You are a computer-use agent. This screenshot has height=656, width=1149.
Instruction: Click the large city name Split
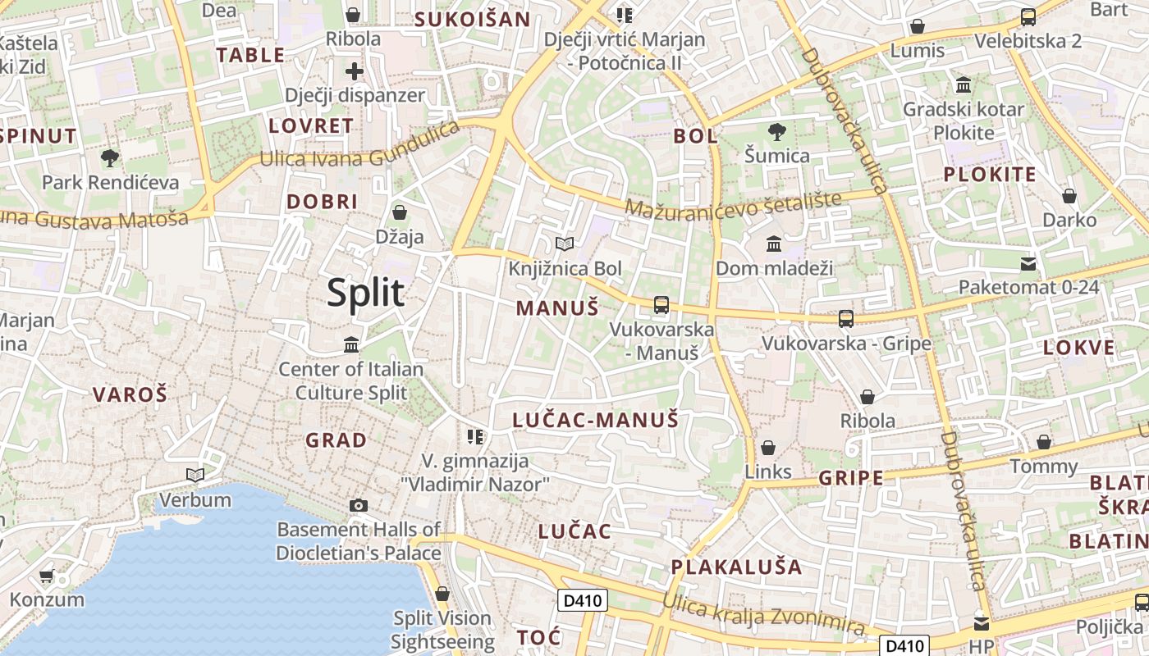tap(366, 293)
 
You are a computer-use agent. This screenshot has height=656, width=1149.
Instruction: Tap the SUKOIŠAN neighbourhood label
tap(472, 20)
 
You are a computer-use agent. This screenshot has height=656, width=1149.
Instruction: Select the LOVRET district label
tap(311, 126)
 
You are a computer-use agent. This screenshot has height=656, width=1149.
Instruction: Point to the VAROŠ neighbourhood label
tap(130, 394)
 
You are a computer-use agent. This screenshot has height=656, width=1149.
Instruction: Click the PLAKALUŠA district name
tap(736, 567)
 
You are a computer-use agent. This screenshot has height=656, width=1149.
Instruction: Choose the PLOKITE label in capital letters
tap(989, 174)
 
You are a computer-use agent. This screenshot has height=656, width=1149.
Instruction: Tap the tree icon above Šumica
tap(776, 131)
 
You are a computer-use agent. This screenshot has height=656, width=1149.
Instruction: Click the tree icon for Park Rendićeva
tap(109, 157)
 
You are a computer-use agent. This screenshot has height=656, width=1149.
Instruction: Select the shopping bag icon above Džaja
tap(400, 213)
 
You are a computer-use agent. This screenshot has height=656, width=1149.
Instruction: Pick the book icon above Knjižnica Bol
tap(564, 244)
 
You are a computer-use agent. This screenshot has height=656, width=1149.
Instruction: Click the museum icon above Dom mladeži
tap(773, 244)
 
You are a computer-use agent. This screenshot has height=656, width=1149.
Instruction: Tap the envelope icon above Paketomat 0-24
tap(1028, 263)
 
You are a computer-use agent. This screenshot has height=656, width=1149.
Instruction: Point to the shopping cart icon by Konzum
tap(46, 576)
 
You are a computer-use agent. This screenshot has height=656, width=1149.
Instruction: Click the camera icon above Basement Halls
tap(358, 505)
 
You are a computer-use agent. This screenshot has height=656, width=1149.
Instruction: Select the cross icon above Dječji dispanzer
tap(354, 71)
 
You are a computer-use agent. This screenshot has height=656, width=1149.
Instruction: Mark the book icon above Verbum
tap(195, 475)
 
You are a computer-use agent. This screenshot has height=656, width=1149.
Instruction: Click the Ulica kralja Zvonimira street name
tap(763, 615)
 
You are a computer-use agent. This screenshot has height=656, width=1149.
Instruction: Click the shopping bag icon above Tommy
tap(1043, 443)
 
